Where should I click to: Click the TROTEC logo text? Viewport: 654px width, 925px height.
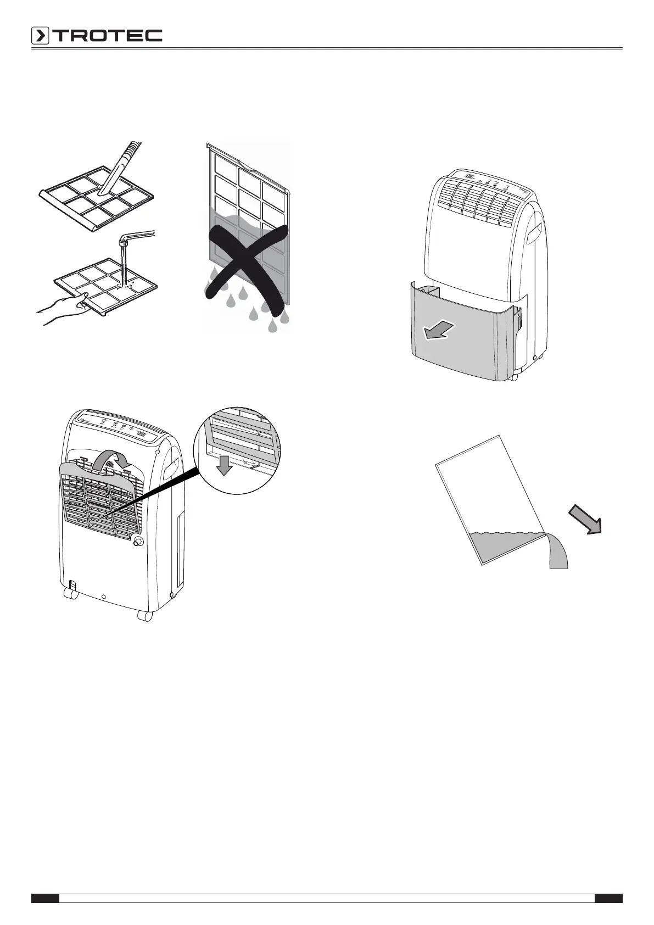tap(108, 36)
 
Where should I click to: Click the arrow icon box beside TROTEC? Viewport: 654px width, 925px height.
tap(40, 36)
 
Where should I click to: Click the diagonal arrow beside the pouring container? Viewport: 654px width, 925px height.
tap(585, 520)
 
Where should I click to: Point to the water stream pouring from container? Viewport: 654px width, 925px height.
tap(557, 552)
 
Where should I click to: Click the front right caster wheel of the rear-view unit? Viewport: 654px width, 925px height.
tap(145, 616)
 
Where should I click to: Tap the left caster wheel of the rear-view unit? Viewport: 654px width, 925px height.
tap(70, 594)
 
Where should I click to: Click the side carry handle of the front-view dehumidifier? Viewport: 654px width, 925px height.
tap(536, 231)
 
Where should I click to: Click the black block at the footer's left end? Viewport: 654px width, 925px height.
tap(45, 899)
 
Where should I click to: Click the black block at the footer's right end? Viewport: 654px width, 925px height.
tap(608, 899)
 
